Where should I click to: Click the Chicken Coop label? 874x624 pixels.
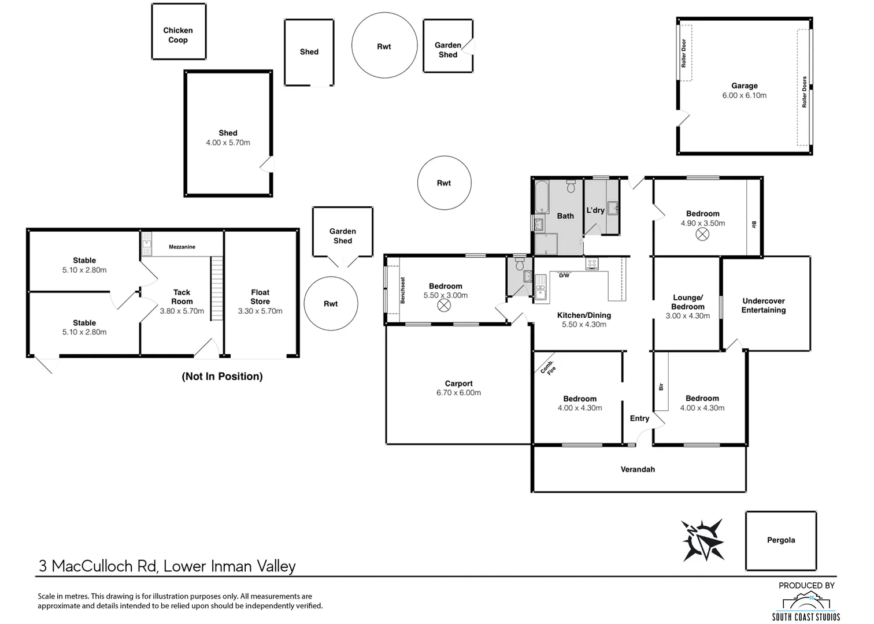click(177, 35)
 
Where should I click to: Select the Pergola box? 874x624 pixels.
click(780, 540)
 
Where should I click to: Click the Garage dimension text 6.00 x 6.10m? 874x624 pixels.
click(744, 95)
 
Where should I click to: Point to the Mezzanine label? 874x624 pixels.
click(182, 247)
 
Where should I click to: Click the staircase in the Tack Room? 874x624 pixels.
click(216, 289)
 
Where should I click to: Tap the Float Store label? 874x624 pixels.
click(260, 297)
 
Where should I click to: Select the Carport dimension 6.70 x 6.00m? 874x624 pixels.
click(458, 393)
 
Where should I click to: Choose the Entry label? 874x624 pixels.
click(639, 418)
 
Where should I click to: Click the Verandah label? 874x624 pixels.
click(638, 470)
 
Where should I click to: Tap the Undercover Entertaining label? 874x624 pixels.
click(763, 306)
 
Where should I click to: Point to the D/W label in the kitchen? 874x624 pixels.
click(564, 276)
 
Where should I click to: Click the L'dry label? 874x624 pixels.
click(595, 210)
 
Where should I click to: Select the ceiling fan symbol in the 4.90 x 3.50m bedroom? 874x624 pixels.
click(702, 235)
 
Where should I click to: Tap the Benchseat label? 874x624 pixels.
click(403, 290)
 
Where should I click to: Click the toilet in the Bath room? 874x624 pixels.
click(571, 187)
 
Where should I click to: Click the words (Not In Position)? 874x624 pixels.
click(222, 377)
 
